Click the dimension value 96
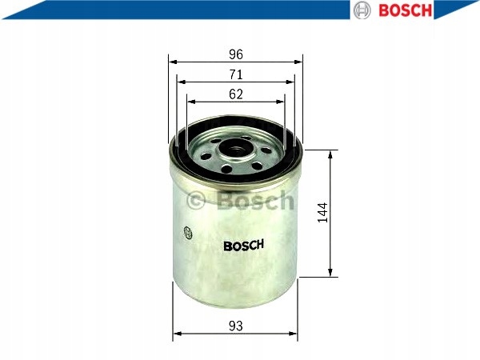(x=235, y=54)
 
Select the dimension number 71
(x=235, y=74)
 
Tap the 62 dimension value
(x=235, y=94)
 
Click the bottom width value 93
(x=235, y=326)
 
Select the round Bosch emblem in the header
(x=362, y=10)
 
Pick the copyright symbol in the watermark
(x=196, y=200)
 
